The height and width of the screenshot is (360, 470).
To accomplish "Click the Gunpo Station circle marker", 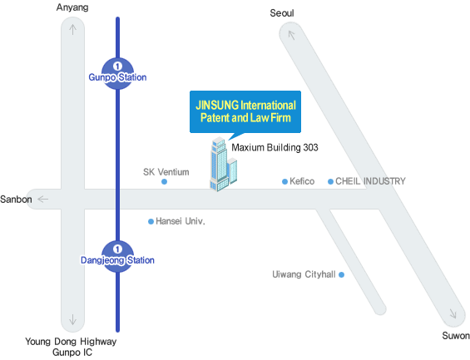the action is pyautogui.click(x=117, y=73).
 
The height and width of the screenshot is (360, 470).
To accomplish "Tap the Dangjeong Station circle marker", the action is pyautogui.click(x=117, y=256).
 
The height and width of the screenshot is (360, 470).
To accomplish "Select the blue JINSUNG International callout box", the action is pyautogui.click(x=245, y=111).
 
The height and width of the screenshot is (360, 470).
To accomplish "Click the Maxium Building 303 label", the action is pyautogui.click(x=275, y=147).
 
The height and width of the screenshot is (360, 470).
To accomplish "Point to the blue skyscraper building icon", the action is pyautogui.click(x=223, y=164).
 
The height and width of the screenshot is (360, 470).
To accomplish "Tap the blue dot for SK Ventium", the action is pyautogui.click(x=164, y=181).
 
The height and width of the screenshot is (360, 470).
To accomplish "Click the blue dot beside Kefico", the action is pyautogui.click(x=284, y=181).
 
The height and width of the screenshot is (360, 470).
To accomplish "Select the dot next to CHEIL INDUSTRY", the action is pyautogui.click(x=330, y=181).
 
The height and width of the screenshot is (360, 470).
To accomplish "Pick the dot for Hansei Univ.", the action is pyautogui.click(x=151, y=222).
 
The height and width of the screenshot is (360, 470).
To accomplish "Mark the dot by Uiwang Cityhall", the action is pyautogui.click(x=341, y=274).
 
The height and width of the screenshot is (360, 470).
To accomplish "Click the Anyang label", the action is pyautogui.click(x=72, y=7).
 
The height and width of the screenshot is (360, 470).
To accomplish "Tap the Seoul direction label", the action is pyautogui.click(x=282, y=13).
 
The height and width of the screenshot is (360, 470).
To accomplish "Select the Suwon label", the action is pyautogui.click(x=456, y=336).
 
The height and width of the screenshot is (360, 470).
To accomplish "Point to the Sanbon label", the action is pyautogui.click(x=16, y=200).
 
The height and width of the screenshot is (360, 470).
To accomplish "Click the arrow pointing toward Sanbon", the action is pyautogui.click(x=43, y=199).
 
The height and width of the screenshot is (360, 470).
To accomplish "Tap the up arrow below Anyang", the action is pyautogui.click(x=72, y=29).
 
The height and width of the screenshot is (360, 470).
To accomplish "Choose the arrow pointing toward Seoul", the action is pyautogui.click(x=291, y=35).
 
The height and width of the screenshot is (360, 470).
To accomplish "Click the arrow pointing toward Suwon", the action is pyautogui.click(x=453, y=313).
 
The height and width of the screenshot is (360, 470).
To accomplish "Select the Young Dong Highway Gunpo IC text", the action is pyautogui.click(x=71, y=347).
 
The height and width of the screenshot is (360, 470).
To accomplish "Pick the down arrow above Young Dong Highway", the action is pyautogui.click(x=72, y=319).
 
